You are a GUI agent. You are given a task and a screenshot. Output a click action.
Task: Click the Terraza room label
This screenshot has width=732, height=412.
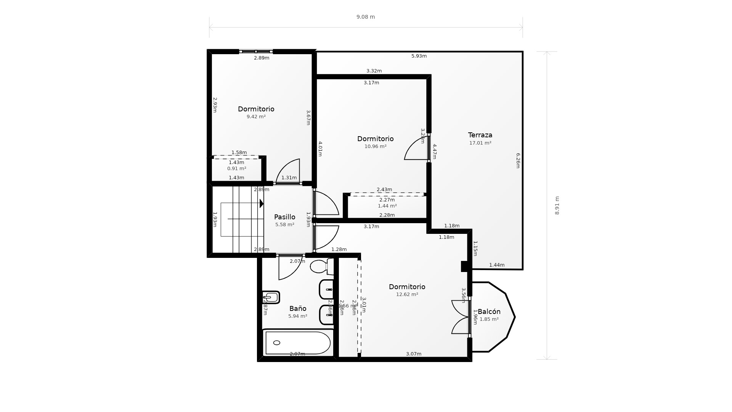(x=480, y=135)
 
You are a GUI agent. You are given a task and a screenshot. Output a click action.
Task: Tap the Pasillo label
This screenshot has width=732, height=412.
(x=284, y=217)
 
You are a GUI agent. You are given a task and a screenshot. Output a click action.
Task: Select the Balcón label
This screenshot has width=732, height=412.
(x=489, y=312)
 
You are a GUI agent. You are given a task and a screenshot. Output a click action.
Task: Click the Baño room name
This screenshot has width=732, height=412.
(x=298, y=309)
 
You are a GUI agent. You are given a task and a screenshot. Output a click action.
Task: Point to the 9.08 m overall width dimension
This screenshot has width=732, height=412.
(x=366, y=17)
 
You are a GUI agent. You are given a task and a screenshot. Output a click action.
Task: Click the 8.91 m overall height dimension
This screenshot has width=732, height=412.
(x=557, y=205)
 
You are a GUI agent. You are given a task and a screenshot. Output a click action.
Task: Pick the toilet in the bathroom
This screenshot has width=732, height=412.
(x=321, y=266)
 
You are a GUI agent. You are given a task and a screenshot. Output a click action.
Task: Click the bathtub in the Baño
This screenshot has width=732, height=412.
(x=298, y=343)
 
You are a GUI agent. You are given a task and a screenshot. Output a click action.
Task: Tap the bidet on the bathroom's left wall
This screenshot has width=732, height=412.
(x=271, y=297)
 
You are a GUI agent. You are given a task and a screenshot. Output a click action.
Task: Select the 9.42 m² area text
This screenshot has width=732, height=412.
(x=256, y=117)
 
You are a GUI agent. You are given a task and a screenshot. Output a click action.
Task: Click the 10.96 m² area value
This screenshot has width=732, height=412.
(x=375, y=146)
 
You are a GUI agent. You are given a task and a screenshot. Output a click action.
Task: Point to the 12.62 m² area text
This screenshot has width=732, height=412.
(x=407, y=295)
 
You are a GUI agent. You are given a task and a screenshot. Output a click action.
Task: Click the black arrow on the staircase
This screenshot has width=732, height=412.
(x=262, y=203)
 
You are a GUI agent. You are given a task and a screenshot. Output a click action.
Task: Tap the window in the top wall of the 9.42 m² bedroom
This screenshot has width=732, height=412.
(x=256, y=51)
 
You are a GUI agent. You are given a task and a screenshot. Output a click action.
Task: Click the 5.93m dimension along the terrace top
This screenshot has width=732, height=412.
(x=419, y=56)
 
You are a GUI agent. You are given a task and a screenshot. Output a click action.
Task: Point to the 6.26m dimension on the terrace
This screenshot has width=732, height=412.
(x=518, y=161)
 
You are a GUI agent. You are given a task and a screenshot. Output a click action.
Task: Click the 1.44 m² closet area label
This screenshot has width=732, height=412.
(x=387, y=206)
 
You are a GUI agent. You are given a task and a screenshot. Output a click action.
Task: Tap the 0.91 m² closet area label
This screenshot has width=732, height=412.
(x=236, y=169)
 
